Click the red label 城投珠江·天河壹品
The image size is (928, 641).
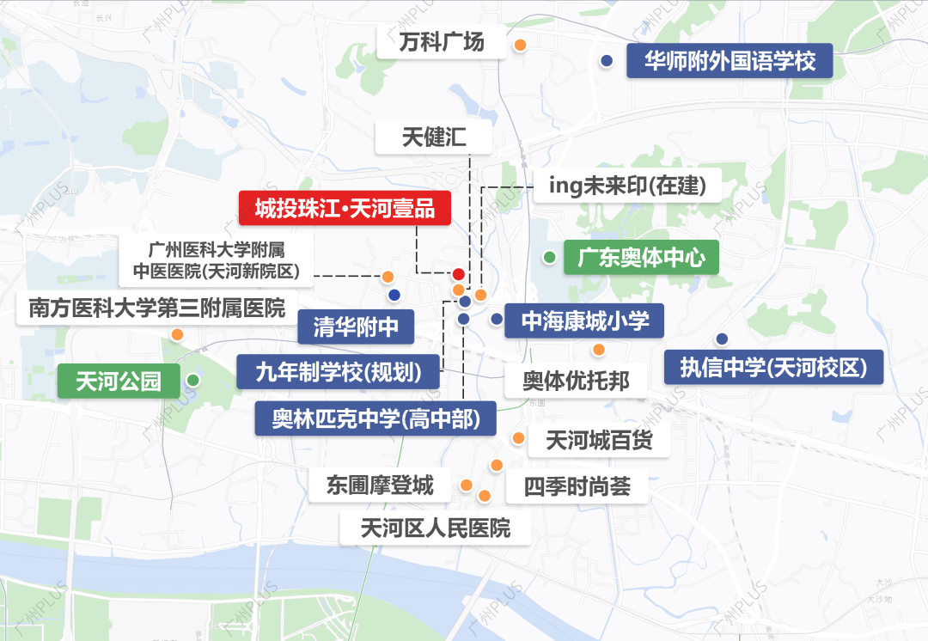click(345, 209)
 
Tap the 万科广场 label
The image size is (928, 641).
click(442, 41)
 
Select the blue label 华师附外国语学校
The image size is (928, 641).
click(730, 61)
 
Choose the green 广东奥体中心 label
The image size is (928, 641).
click(641, 257)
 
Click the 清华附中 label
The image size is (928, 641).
click(355, 327)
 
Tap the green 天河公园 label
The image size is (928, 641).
click(119, 381)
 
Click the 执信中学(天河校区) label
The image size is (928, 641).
click(774, 367)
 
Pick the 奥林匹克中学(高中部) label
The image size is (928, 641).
click(376, 418)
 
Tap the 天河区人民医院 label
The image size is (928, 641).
click(436, 527)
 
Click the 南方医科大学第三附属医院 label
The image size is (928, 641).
click(156, 308)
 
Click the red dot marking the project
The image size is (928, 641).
click(459, 274)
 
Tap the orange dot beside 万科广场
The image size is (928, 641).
click(520, 45)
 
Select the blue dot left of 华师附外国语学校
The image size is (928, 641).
click(607, 60)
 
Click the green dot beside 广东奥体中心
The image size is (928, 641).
click(549, 256)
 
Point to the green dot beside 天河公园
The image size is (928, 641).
click(193, 380)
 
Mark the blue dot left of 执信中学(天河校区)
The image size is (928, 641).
click(722, 338)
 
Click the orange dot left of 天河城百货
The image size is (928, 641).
click(518, 438)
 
